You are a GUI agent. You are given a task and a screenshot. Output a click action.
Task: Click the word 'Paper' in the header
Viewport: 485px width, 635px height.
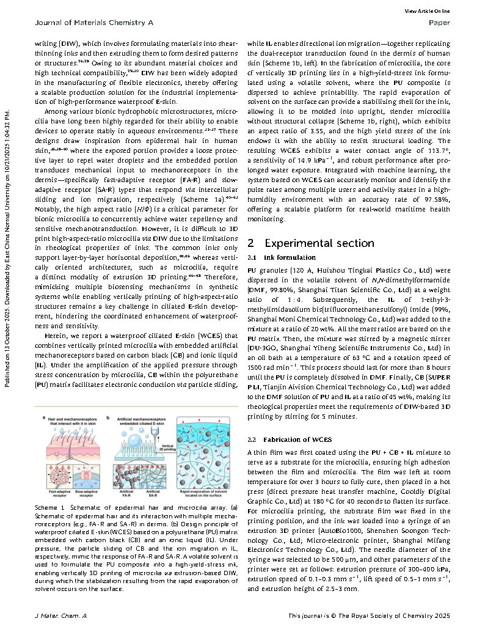point(440,23)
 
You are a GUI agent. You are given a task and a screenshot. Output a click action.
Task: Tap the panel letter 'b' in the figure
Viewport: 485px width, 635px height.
point(108,417)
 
